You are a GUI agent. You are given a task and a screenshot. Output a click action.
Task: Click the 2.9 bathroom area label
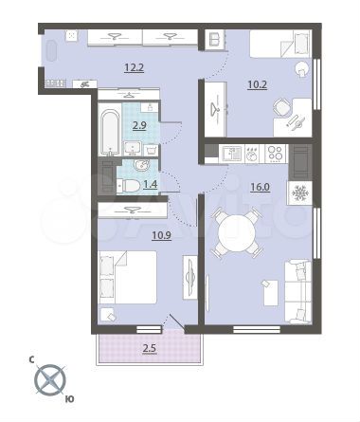[138, 124]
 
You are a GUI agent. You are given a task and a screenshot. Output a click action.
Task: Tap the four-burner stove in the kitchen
[276, 153]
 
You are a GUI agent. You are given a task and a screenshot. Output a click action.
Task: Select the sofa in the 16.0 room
[296, 289]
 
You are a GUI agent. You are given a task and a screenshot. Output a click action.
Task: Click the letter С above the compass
[31, 359]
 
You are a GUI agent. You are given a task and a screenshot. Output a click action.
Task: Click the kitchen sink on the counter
[231, 153]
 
